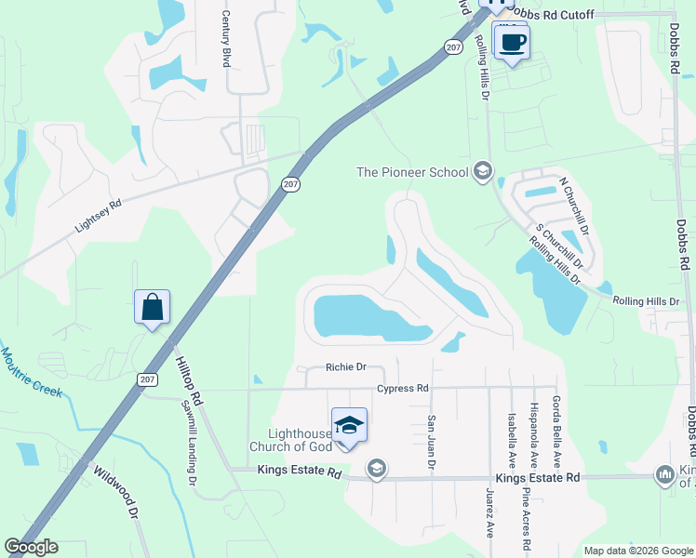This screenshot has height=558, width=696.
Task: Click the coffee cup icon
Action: [x=511, y=42]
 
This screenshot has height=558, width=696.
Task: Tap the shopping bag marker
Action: [x=152, y=307]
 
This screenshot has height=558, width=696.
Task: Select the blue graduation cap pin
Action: [x=349, y=426]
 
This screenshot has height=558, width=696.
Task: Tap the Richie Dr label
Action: [x=346, y=367]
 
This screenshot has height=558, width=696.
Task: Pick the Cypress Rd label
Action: [x=403, y=388]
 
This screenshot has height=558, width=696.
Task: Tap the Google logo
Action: [x=31, y=547]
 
